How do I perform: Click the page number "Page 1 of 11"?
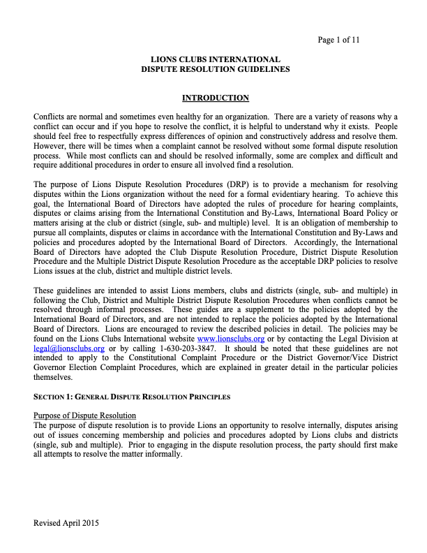pos(338,40)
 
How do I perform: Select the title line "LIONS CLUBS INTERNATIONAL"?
pos(216,59)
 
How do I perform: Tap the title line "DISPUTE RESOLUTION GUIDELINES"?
pos(216,69)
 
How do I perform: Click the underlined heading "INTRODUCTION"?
pos(216,98)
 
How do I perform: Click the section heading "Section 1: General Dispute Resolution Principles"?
pos(132,397)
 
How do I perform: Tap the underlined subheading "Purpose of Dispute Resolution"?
pos(84,415)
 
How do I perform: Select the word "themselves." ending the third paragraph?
pos(54,376)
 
